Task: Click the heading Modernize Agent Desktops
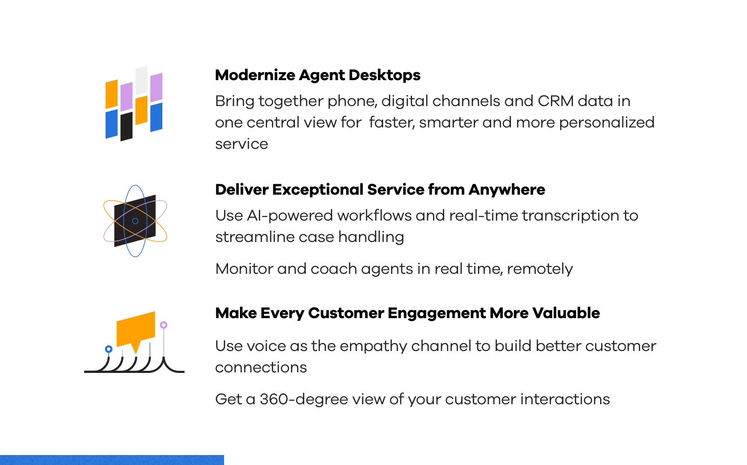click(x=318, y=75)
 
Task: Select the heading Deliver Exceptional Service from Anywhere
click(x=380, y=190)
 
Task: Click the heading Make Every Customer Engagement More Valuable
click(x=407, y=313)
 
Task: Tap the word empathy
click(x=373, y=347)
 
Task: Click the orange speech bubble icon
click(x=136, y=330)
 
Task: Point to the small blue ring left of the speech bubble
click(x=109, y=349)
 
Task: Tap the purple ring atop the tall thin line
click(x=163, y=325)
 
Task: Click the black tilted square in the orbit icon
click(x=135, y=221)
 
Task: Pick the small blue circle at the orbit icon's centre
click(x=135, y=221)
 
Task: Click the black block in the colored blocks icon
click(x=126, y=126)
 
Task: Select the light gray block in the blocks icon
click(x=141, y=81)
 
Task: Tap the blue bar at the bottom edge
click(x=112, y=460)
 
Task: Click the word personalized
click(x=607, y=123)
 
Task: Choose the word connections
click(x=261, y=367)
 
